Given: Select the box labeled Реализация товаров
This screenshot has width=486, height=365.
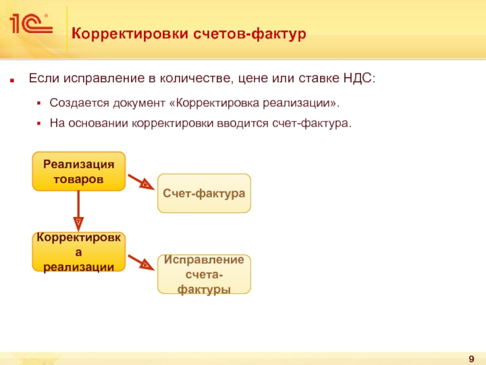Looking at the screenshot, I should (x=78, y=172).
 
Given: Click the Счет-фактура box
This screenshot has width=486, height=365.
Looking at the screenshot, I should (x=204, y=193).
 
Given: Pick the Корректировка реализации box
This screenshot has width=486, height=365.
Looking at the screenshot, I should (x=78, y=251).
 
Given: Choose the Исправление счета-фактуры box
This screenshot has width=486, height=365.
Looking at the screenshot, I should (x=204, y=274).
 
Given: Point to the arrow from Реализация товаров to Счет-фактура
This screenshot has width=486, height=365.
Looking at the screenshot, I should (x=142, y=182).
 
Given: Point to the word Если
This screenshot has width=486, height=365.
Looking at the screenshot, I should (x=43, y=79).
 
